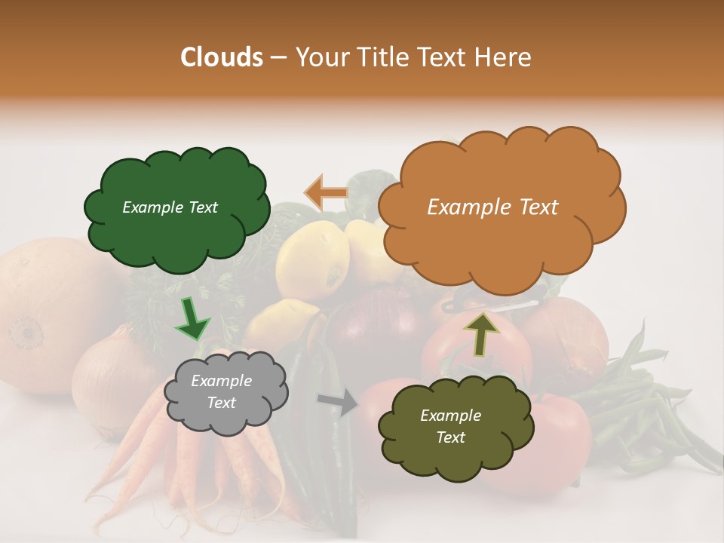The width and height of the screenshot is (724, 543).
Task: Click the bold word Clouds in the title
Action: pos(222,57)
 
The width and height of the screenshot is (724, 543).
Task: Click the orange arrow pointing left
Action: pos(326,193)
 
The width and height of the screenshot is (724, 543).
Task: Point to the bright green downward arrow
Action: pos(192,318)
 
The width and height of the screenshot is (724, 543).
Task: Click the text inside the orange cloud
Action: pos(492,207)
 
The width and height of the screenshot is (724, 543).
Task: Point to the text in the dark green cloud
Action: pos(170,207)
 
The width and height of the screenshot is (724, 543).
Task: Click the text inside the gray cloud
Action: pos(221,392)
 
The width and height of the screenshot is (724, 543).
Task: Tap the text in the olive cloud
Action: pos(450,426)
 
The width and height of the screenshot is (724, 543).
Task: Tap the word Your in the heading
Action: pos(322,57)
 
